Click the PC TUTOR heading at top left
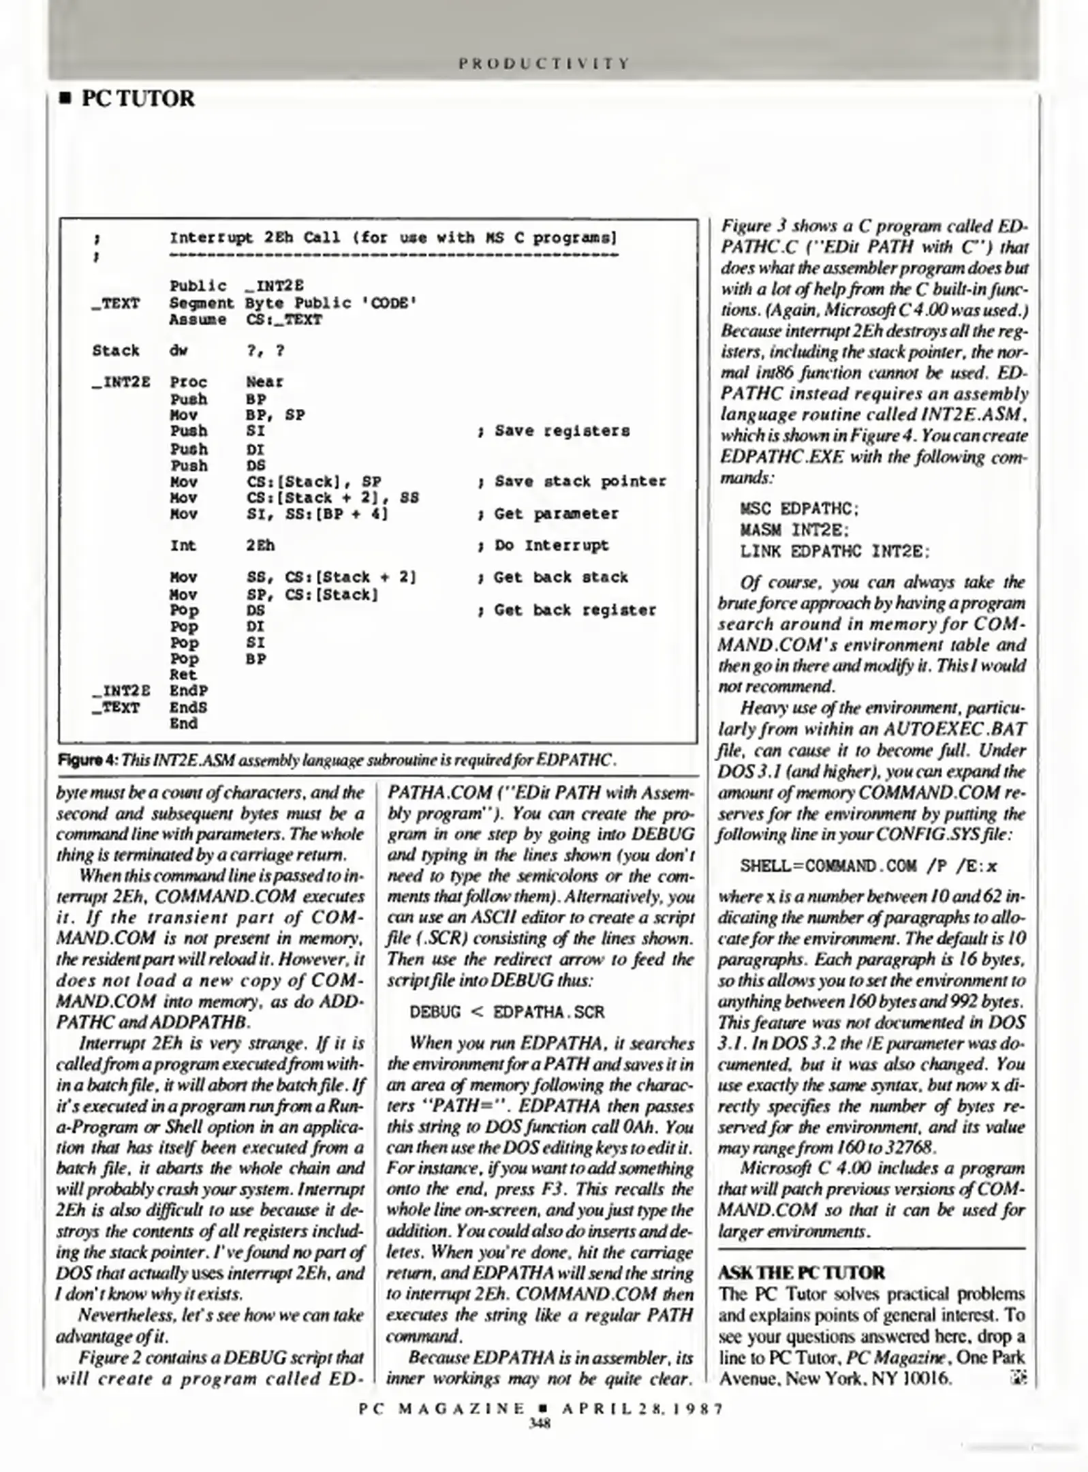coord(138,99)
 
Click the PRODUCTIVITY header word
coord(543,63)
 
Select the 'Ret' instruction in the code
coord(183,675)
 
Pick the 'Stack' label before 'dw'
coord(116,350)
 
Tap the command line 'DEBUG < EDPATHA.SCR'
coord(507,1012)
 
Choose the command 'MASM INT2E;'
coord(794,530)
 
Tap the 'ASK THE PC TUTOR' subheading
coord(801,1272)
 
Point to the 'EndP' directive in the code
coord(188,691)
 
